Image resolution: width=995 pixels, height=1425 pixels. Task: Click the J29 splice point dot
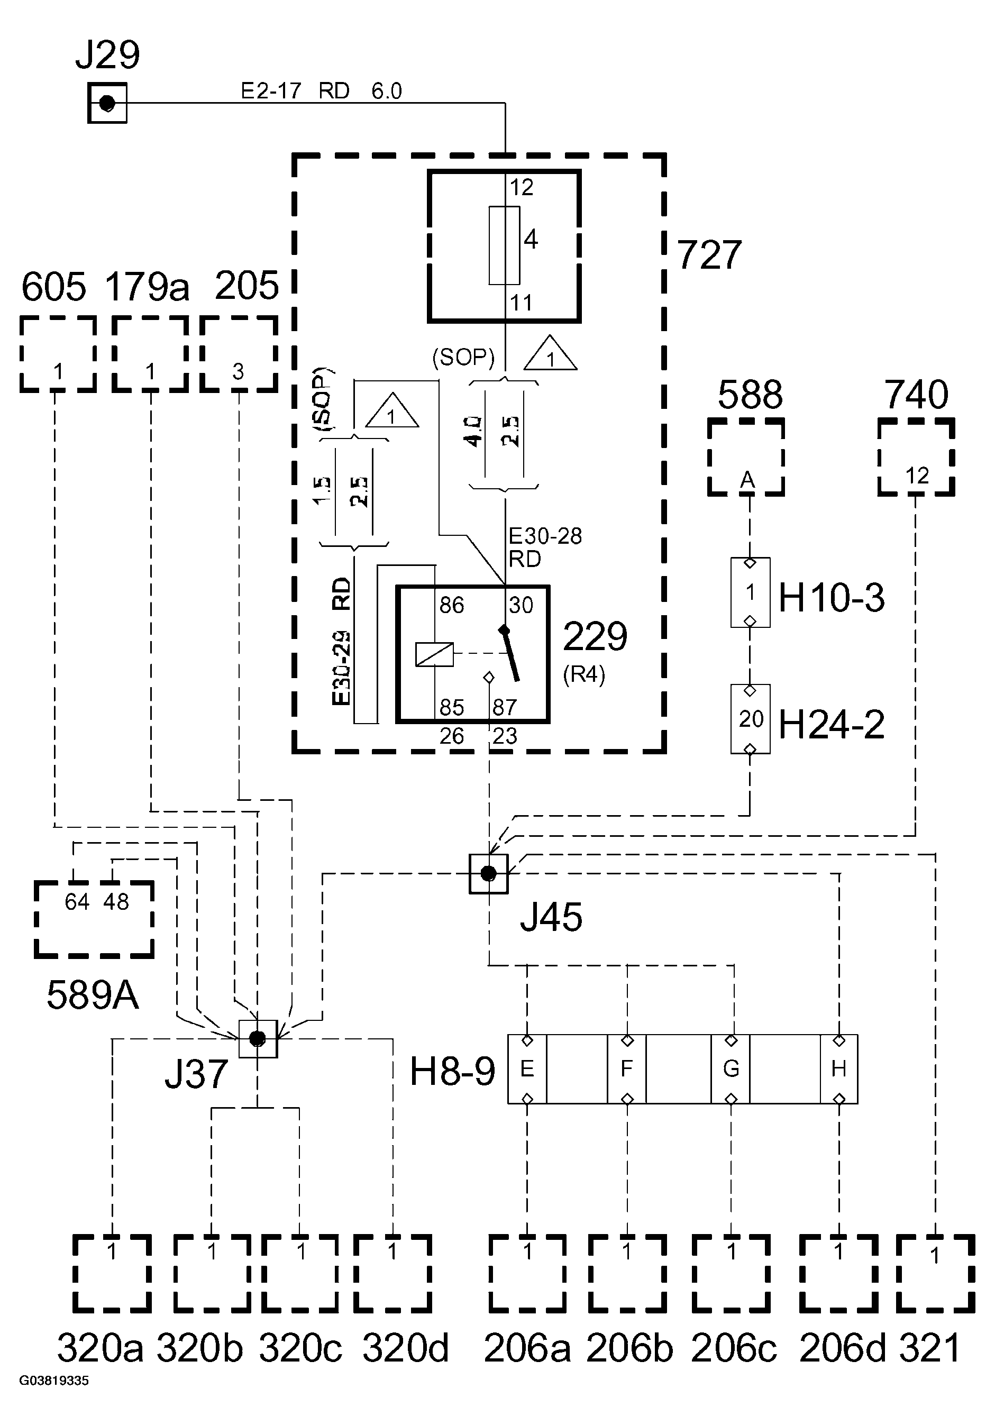[107, 103]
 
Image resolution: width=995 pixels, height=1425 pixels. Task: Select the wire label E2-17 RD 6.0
[321, 91]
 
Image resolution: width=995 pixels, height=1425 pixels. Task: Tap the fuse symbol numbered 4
[504, 246]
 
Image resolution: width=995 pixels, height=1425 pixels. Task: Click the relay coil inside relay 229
[434, 655]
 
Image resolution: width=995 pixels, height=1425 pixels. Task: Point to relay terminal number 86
[451, 605]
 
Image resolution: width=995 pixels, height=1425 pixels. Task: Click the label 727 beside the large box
[709, 254]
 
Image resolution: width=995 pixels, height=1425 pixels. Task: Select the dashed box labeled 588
[745, 458]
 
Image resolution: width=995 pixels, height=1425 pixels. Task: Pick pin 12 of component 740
[917, 476]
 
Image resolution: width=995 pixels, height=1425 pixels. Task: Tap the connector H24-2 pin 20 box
[750, 719]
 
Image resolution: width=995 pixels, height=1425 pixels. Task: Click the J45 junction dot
[488, 873]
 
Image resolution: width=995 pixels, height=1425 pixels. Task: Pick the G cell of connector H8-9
[731, 1068]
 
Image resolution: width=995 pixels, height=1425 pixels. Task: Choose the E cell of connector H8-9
[527, 1068]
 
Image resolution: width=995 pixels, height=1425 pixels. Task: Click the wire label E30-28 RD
[544, 547]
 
